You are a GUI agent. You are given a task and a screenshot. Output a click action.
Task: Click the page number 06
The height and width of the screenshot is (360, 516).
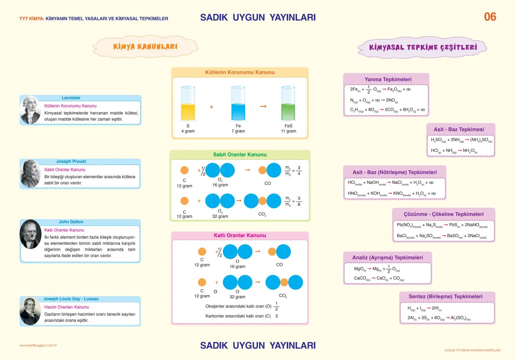pos(490,17)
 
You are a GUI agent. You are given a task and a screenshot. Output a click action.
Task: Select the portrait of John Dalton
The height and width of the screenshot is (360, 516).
pos(30,235)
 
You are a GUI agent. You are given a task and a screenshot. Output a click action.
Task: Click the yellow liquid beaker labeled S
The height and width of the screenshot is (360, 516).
pos(188,104)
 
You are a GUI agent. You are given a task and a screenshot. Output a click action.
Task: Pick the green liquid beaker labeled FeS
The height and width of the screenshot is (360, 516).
pos(288,104)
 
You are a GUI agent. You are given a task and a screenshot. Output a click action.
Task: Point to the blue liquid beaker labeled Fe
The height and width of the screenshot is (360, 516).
pos(238,104)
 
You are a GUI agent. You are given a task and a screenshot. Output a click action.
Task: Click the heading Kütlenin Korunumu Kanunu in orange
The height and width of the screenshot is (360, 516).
pos(240,72)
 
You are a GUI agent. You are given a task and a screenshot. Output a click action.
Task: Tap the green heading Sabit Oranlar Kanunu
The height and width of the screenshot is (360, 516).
pos(240,155)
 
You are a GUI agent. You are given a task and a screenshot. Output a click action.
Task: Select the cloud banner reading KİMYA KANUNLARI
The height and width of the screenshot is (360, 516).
pos(145,47)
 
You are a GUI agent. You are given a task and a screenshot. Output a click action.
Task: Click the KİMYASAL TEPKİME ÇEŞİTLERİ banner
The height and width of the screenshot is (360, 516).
pos(423,47)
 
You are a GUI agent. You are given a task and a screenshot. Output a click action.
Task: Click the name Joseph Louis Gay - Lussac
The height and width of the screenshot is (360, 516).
pos(71,299)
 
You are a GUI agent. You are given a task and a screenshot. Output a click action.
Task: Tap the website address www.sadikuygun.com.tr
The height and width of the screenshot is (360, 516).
pos(38,345)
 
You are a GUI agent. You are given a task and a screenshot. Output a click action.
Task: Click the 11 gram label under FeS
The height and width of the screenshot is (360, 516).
pos(288,131)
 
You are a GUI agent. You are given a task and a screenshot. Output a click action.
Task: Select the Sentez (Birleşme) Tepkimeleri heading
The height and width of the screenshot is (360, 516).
pos(445,296)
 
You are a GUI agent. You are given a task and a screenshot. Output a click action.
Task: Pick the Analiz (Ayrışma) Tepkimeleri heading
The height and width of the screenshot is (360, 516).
pos(387,257)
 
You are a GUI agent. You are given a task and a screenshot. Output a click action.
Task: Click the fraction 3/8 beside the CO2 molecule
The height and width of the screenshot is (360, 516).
pos(299,201)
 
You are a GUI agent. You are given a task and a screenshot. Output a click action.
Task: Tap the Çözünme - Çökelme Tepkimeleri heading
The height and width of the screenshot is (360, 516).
pos(443,214)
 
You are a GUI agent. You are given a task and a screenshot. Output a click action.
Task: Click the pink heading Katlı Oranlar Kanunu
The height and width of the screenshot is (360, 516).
pos(240,235)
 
